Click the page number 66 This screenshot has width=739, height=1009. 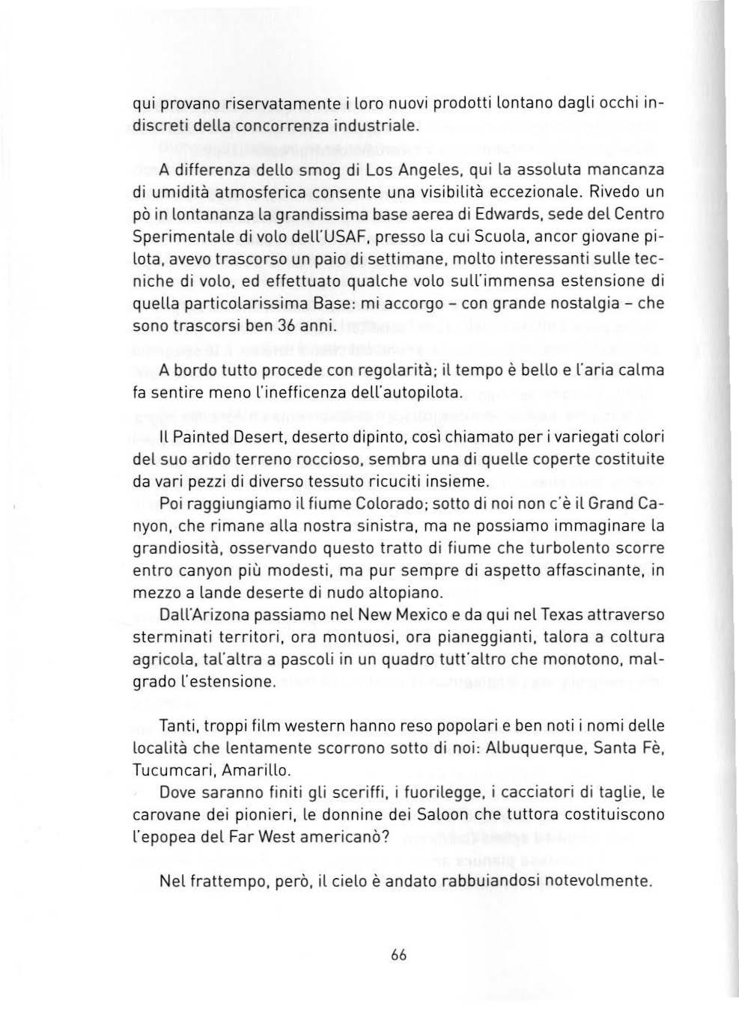398,955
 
